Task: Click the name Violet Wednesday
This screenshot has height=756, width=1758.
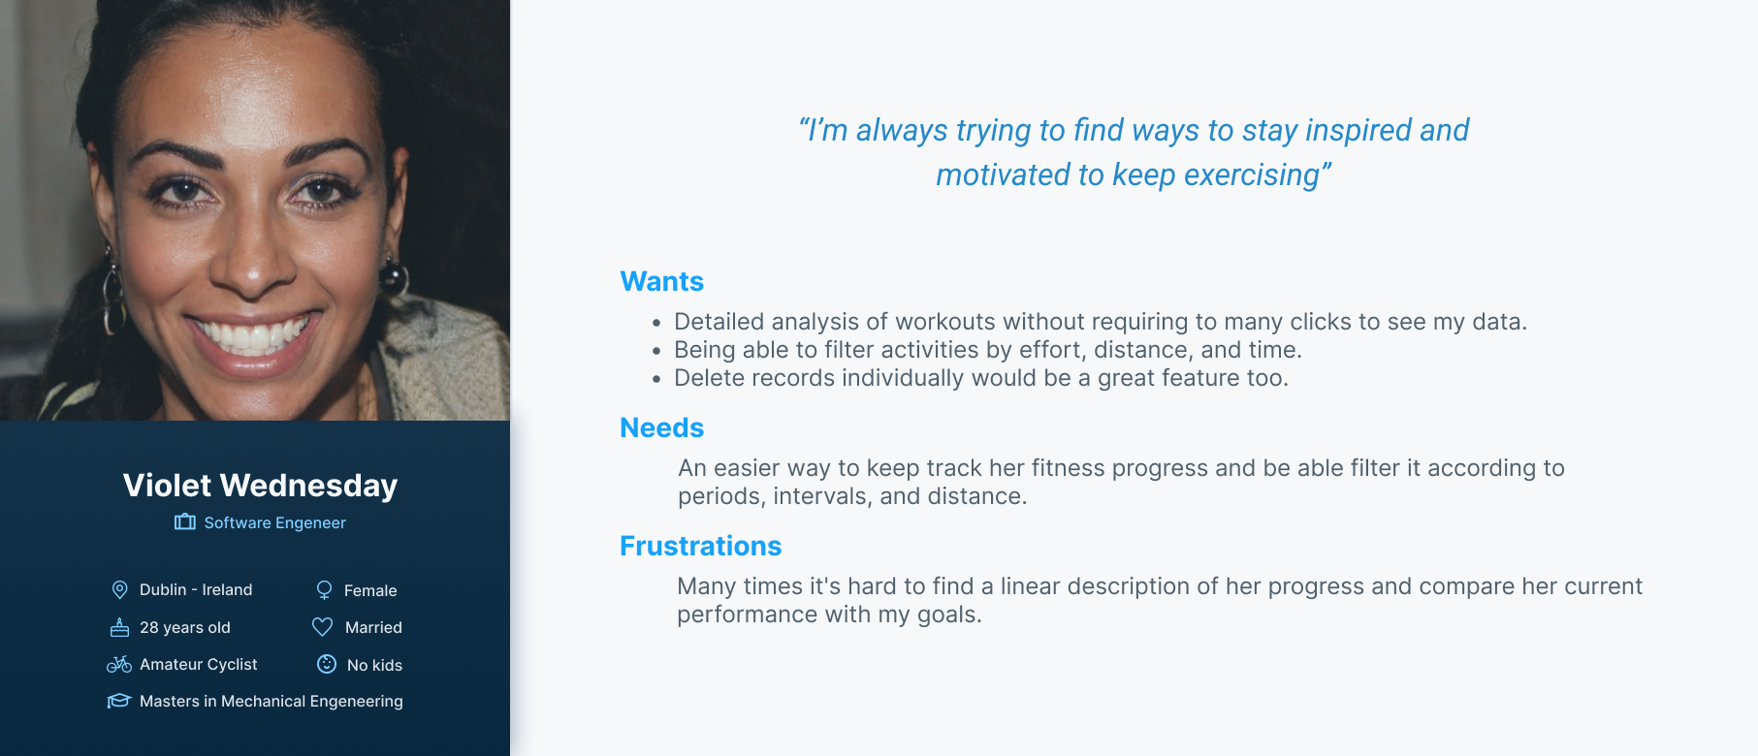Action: [260, 485]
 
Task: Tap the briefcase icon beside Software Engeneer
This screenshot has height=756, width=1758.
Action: [185, 522]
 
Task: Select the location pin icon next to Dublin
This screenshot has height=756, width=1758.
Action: [120, 589]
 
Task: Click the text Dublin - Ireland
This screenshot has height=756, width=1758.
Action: [196, 589]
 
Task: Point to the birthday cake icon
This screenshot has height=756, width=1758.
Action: [119, 627]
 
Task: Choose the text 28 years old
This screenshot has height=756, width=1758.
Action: [185, 627]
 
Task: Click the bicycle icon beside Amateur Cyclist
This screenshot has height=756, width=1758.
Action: [119, 664]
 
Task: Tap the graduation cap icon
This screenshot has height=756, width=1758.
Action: [118, 701]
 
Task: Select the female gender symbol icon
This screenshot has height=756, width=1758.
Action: [324, 590]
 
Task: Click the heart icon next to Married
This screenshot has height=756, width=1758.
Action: [323, 627]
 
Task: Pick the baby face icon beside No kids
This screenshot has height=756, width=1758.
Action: [327, 664]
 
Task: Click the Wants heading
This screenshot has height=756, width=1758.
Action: [662, 281]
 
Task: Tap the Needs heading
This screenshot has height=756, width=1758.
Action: [662, 427]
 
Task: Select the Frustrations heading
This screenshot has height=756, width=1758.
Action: [701, 546]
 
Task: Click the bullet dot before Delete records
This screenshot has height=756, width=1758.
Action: [656, 379]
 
